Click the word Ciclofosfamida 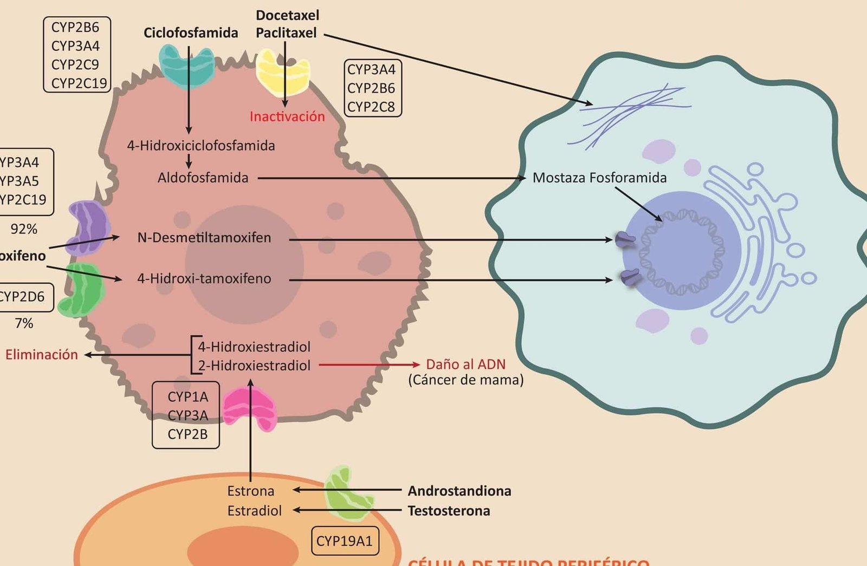coord(190,33)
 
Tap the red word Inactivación coord(287,116)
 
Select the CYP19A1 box coord(345,541)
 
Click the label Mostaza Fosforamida coord(599,178)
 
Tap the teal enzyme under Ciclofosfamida coord(187,66)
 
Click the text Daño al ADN coord(465,364)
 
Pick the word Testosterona coord(449,511)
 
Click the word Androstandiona coord(459,491)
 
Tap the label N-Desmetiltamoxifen coord(204,237)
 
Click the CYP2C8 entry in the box coord(371,107)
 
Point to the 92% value coord(24,229)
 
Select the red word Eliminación coord(42,355)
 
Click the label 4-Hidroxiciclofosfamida coord(201,146)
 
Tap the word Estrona coord(250,491)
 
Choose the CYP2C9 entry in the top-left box coord(75,64)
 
